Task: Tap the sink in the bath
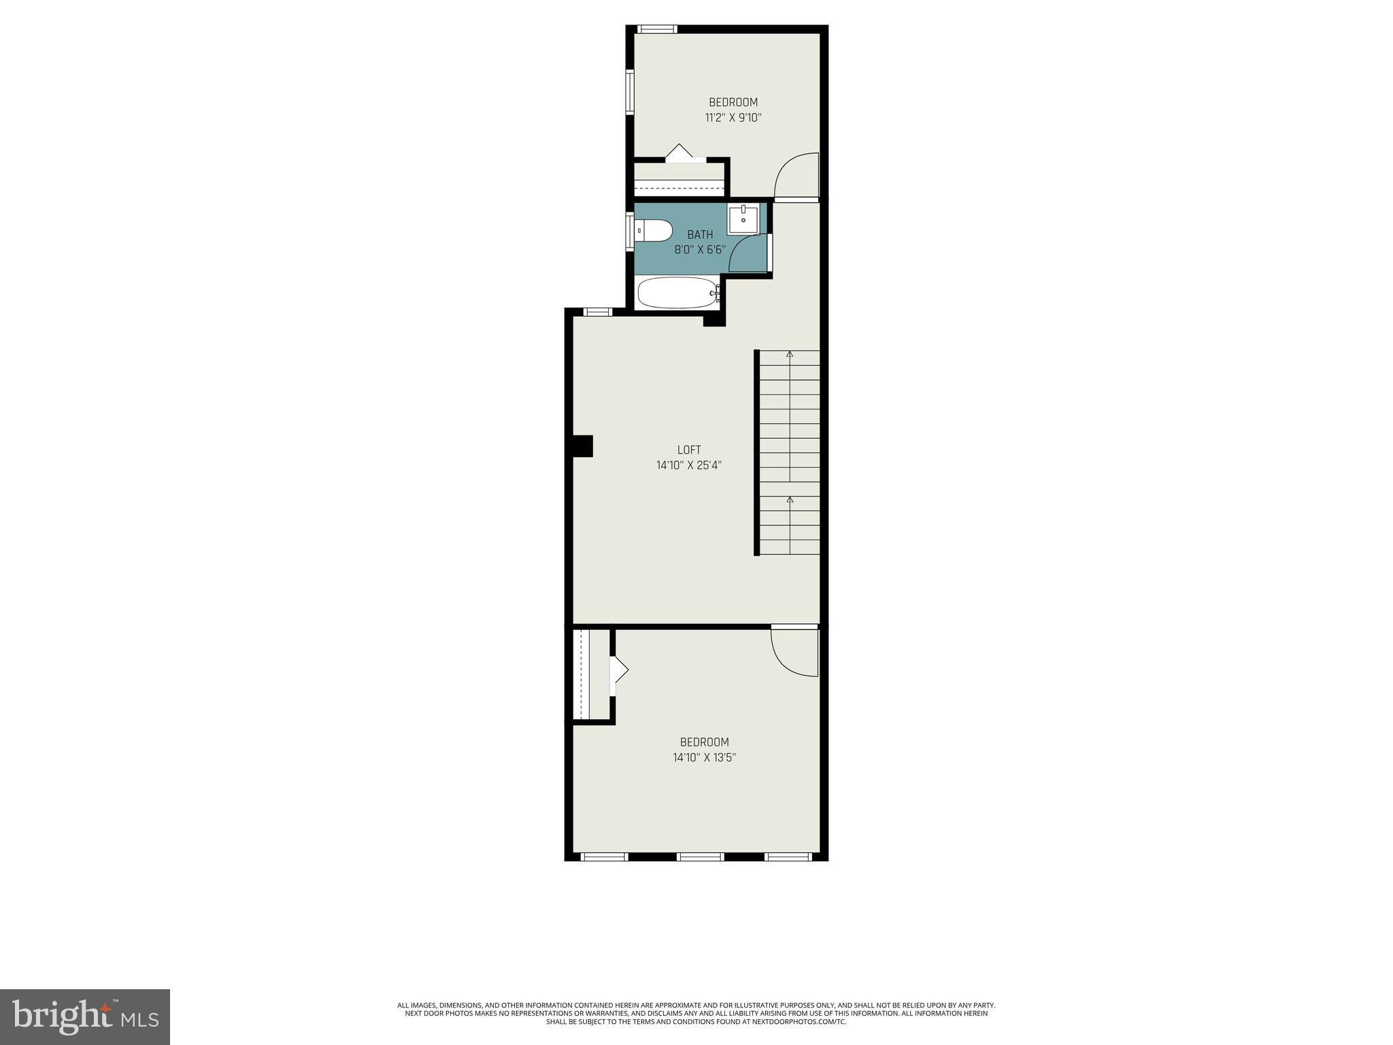click(x=743, y=220)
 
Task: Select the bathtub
click(x=677, y=293)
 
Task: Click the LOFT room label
click(x=688, y=450)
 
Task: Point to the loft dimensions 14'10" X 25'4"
click(x=688, y=466)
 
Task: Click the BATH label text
click(x=700, y=235)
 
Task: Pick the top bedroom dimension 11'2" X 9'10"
click(x=733, y=118)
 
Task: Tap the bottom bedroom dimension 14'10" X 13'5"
click(x=704, y=757)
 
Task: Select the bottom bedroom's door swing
click(x=794, y=652)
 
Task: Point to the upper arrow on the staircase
click(x=790, y=354)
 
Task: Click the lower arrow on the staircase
click(x=790, y=500)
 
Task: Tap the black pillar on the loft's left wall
click(x=583, y=446)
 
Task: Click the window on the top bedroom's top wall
click(x=658, y=29)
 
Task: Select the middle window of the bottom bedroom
click(x=701, y=857)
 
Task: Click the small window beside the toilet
click(x=630, y=232)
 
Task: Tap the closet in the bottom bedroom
click(x=590, y=674)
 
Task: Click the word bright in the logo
click(x=61, y=1017)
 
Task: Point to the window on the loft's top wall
click(x=598, y=312)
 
